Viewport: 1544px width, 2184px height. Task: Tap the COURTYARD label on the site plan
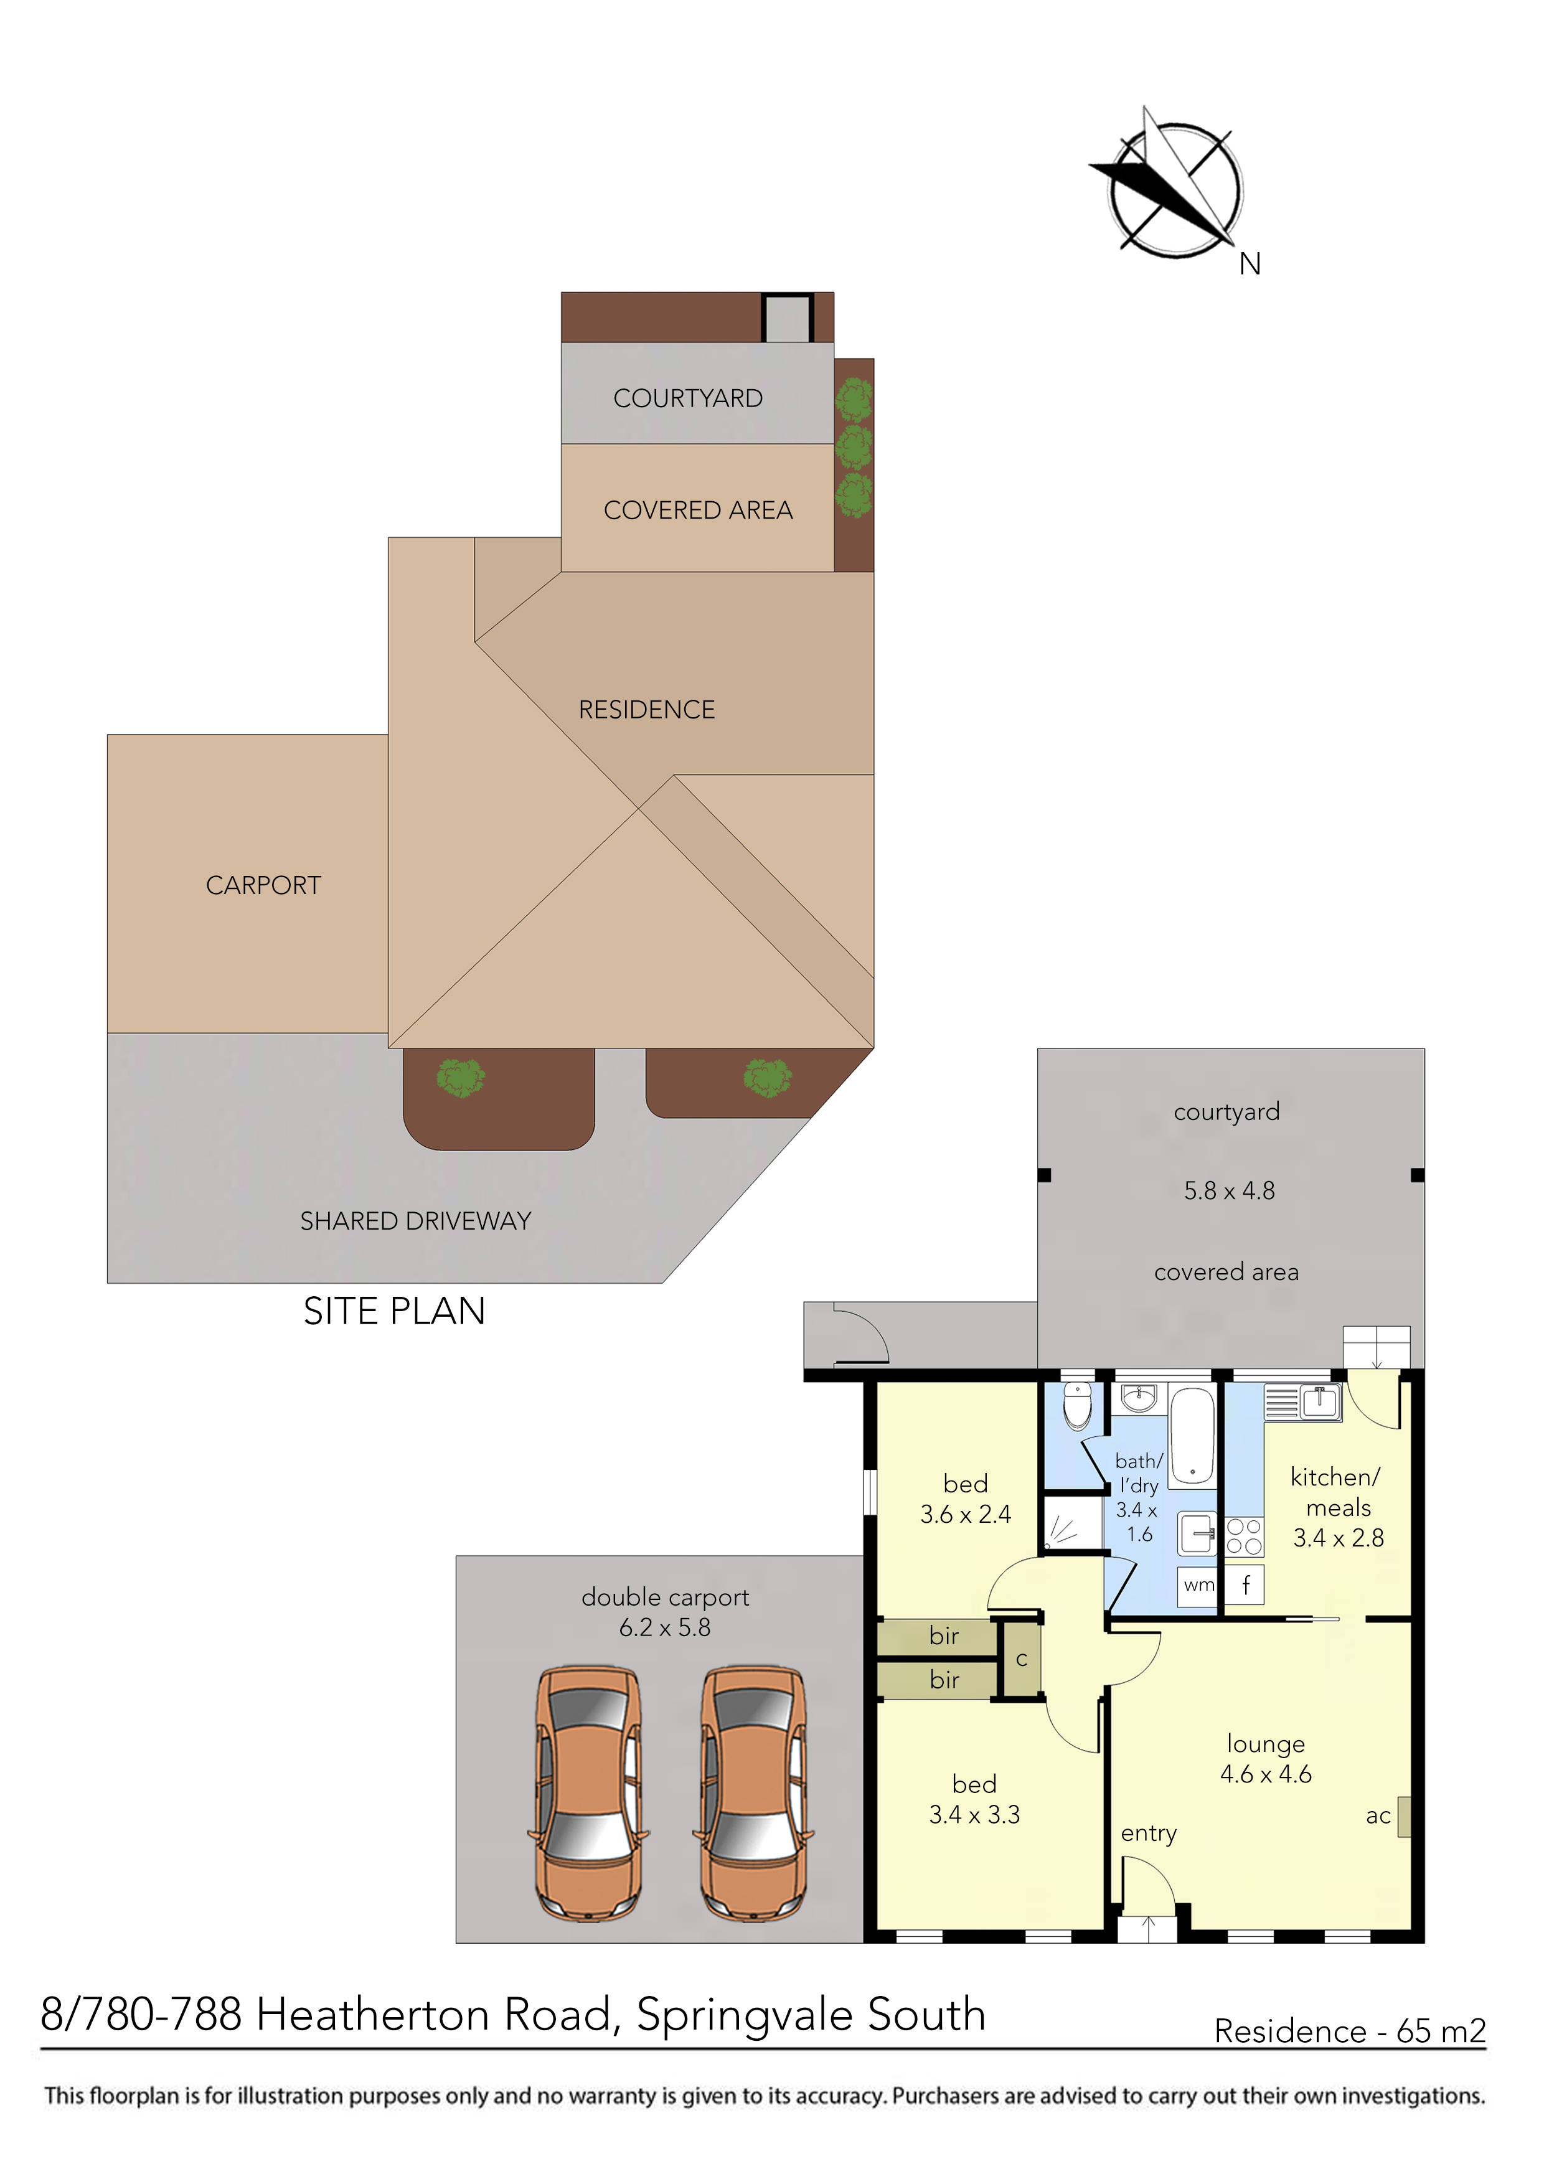[688, 398]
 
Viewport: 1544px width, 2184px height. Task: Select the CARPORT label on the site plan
[263, 885]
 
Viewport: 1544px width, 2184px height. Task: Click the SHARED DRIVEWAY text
[416, 1221]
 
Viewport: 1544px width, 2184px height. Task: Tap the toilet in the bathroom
[1077, 1405]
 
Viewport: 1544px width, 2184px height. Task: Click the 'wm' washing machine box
[1198, 1584]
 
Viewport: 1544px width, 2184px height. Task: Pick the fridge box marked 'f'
[1245, 1584]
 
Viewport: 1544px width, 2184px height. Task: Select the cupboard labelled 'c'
[1022, 1660]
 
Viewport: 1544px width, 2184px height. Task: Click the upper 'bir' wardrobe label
[944, 1636]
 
